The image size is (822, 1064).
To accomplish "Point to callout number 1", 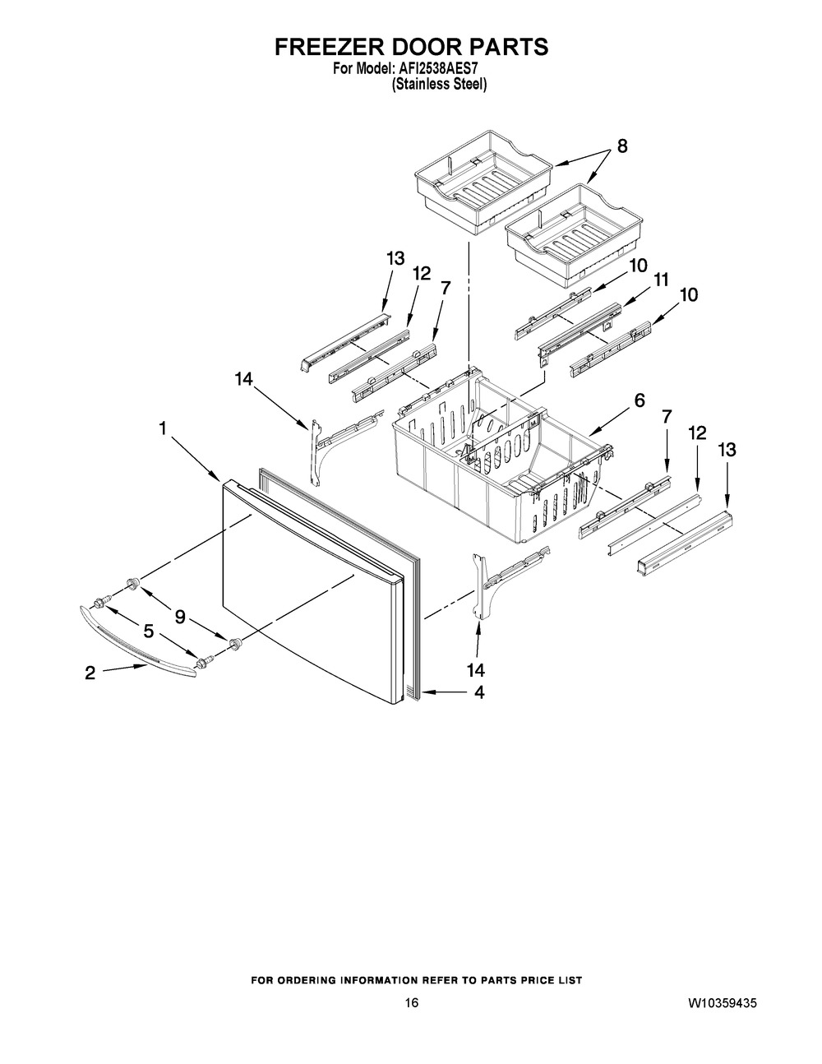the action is click(163, 429).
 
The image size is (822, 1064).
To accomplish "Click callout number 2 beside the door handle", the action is click(90, 673).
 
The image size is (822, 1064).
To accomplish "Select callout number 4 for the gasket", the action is click(479, 692).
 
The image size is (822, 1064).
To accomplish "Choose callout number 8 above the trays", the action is click(622, 146).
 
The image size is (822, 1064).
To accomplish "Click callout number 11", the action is click(661, 280).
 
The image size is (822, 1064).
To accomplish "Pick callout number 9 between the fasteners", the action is click(180, 618).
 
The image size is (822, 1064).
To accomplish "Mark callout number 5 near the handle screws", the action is click(148, 631).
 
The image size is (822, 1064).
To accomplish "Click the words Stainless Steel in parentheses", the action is click(439, 84).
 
